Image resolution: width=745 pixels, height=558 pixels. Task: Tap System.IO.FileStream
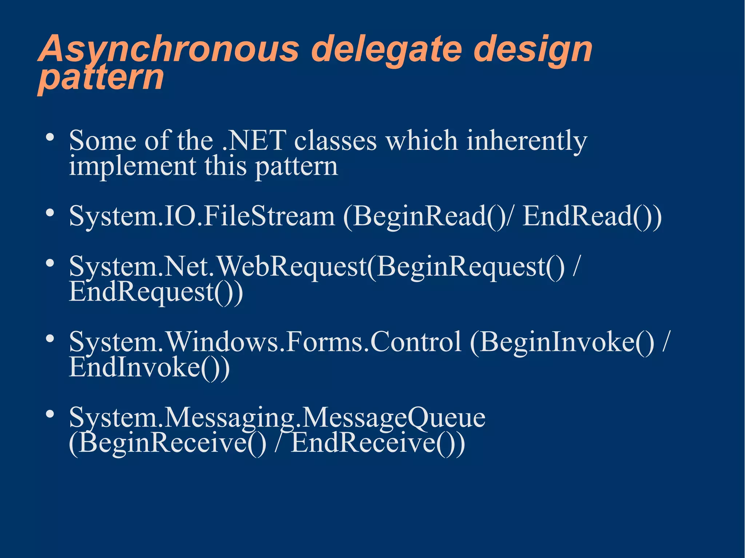202,216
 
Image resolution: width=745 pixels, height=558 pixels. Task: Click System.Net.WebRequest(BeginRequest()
316,266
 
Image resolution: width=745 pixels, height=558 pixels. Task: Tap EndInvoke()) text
149,368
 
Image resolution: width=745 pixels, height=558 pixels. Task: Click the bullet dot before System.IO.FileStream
50,213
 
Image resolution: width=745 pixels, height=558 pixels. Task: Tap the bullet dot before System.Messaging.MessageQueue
50,414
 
